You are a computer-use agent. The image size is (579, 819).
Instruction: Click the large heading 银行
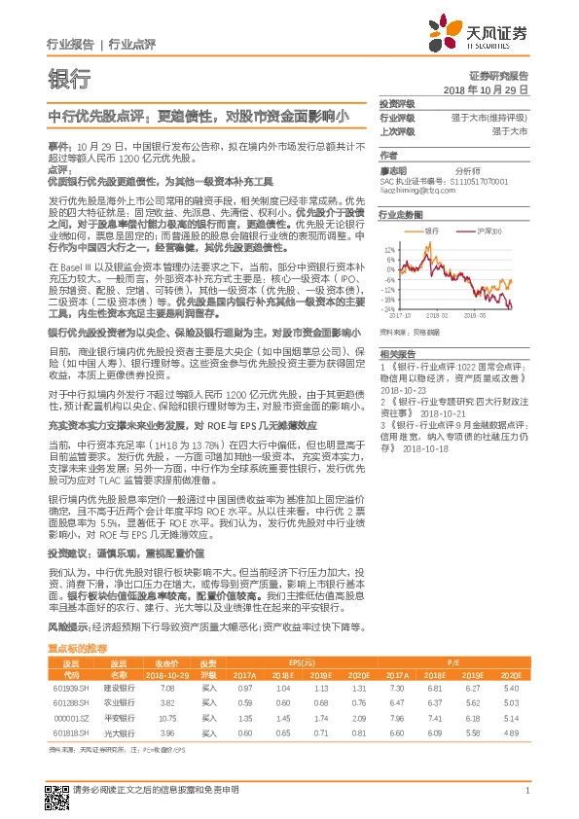[x=68, y=79]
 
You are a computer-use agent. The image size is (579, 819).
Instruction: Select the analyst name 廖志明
[x=393, y=169]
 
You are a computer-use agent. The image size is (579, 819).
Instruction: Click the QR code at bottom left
[x=56, y=796]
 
